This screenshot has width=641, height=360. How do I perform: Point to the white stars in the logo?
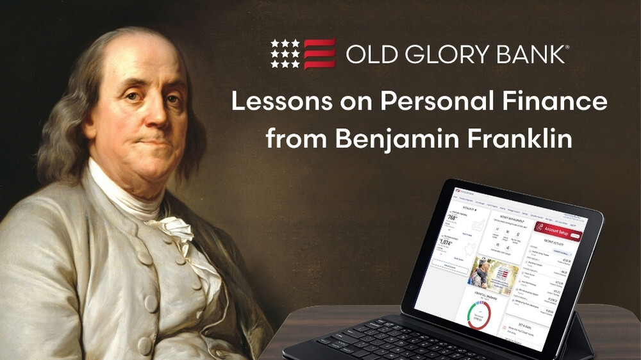tap(285, 54)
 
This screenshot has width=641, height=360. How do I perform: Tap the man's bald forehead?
tap(131, 58)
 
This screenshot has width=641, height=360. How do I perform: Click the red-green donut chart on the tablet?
tap(479, 315)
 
